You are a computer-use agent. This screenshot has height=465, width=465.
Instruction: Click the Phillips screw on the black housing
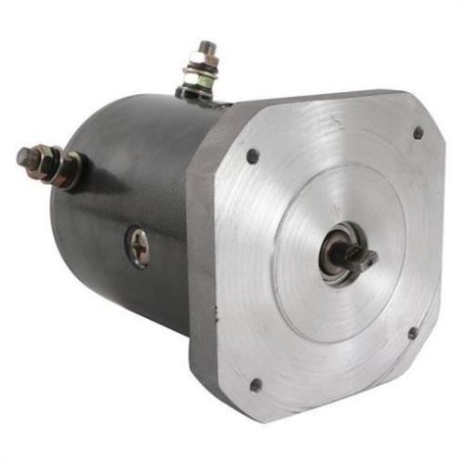pyautogui.click(x=139, y=246)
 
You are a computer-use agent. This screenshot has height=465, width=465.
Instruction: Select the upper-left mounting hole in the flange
pyautogui.click(x=253, y=156)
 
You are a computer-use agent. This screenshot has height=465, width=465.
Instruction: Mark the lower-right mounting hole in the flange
pyautogui.click(x=412, y=333)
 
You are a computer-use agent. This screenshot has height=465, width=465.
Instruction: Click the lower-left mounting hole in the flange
pyautogui.click(x=255, y=383)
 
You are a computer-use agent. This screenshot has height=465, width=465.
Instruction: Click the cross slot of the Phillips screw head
pyautogui.click(x=139, y=246)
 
